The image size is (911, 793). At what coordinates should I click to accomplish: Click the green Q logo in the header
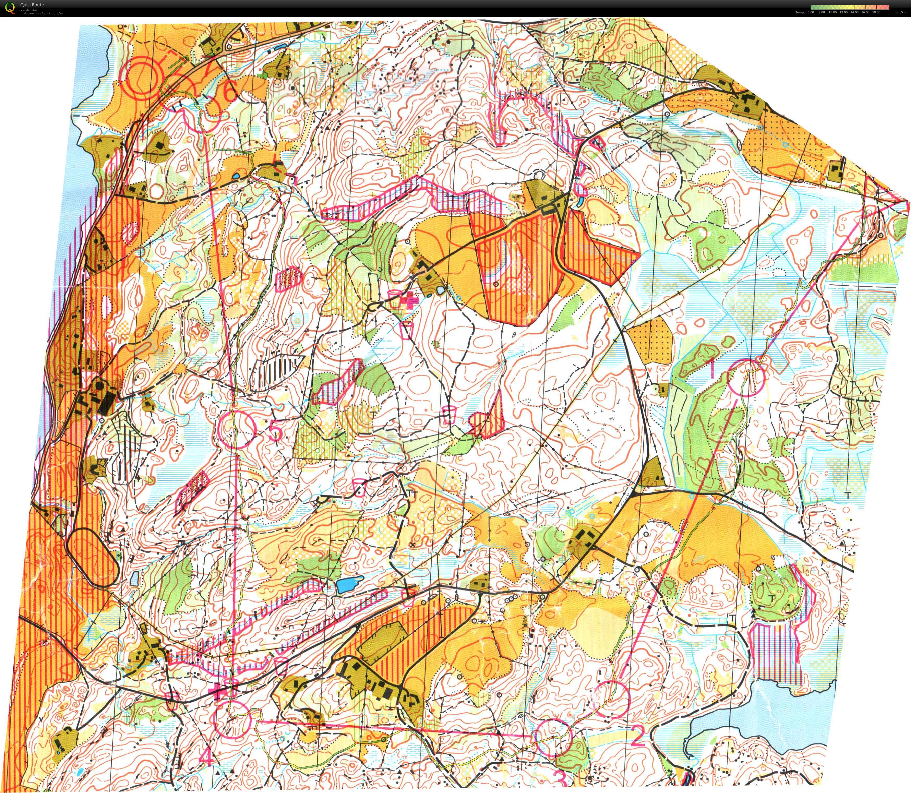pos(10,8)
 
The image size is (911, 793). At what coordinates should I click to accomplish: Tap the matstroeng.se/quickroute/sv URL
pos(42,13)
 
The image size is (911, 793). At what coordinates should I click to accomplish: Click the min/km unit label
pos(900,12)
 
